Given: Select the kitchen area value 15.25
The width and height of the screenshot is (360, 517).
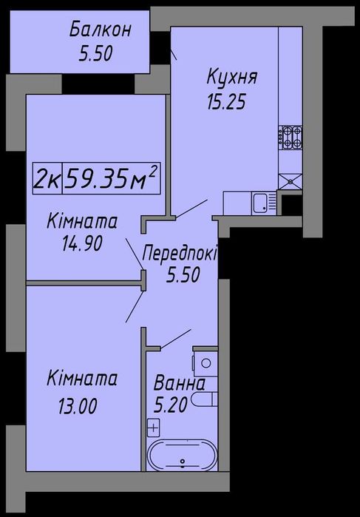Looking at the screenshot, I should tap(225, 101).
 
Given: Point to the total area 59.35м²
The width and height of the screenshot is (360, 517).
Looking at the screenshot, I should tap(112, 178).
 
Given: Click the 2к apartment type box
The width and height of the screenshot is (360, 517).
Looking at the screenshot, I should tap(48, 179).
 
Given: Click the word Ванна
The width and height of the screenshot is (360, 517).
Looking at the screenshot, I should tap(179, 385).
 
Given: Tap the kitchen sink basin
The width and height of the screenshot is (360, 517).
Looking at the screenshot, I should tap(259, 200).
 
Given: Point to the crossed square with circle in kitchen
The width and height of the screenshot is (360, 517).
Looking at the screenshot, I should tap(289, 179).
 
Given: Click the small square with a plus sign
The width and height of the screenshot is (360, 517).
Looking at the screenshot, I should tap(154, 427).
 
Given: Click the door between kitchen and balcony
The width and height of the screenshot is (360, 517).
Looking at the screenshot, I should tap(174, 52).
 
